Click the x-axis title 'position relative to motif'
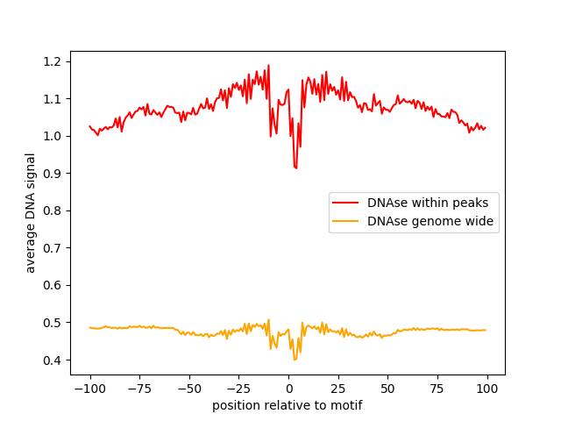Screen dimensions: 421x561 pyautogui.click(x=288, y=405)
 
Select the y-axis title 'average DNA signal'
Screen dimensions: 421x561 pyautogui.click(x=31, y=213)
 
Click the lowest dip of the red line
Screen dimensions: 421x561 pyautogui.click(x=296, y=168)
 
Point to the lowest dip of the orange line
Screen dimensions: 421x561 pyautogui.click(x=295, y=360)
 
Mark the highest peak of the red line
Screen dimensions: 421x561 pyautogui.click(x=268, y=65)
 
